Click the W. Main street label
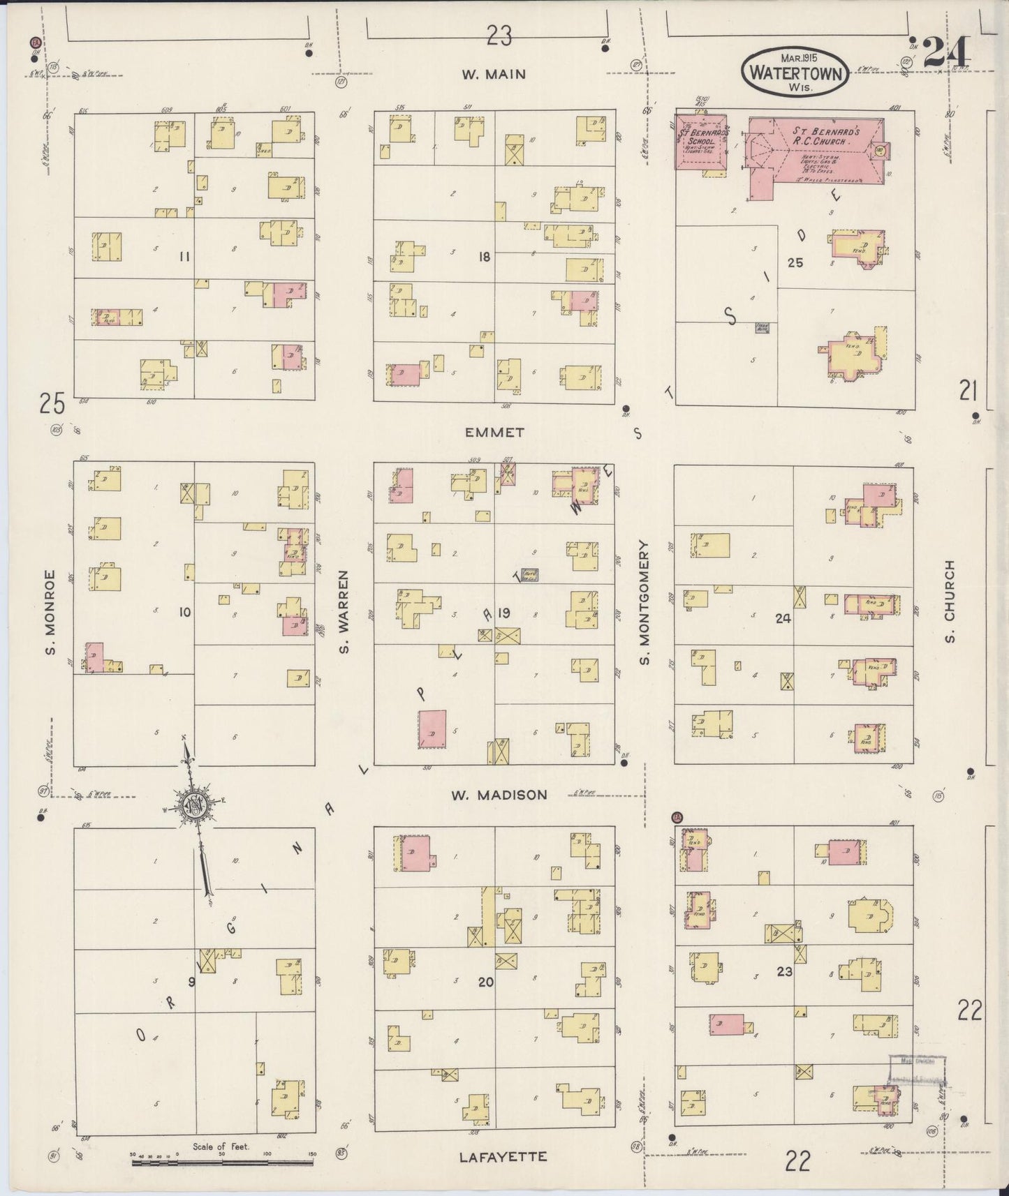[x=494, y=75]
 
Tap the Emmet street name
[x=494, y=433]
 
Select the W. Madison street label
[x=499, y=795]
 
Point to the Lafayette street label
[x=503, y=1157]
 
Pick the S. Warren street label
[x=344, y=612]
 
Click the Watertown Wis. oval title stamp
[x=795, y=72]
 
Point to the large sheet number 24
[x=947, y=52]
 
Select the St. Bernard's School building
[x=700, y=142]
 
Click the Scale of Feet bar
[x=222, y=1163]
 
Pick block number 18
[x=484, y=257]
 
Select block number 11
[x=184, y=257]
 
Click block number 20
[x=485, y=982]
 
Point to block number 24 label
[x=783, y=618]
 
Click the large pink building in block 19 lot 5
[x=432, y=729]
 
